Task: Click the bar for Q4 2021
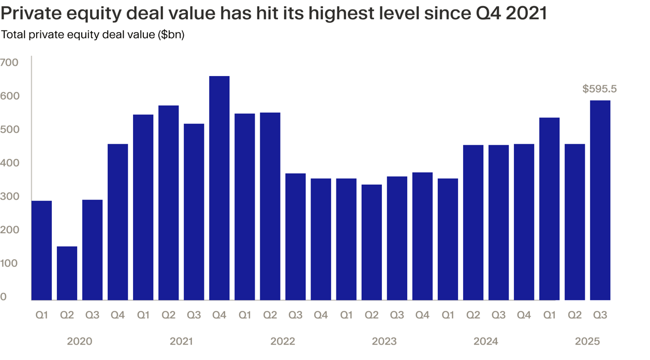[219, 188]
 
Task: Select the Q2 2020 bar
[67, 273]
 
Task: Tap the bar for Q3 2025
[600, 200]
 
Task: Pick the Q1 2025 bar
[549, 209]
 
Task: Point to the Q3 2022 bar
[296, 237]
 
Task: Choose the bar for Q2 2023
[372, 242]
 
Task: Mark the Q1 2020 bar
[41, 250]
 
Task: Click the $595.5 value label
[599, 89]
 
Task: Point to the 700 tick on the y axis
[9, 63]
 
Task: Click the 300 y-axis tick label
[9, 197]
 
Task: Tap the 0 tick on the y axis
[4, 297]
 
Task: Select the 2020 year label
[80, 341]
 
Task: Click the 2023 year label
[384, 341]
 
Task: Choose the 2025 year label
[587, 341]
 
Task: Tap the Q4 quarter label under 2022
[321, 314]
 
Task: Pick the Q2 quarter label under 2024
[473, 314]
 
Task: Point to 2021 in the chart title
[526, 13]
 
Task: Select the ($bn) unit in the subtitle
[171, 35]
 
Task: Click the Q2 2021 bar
[169, 203]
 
